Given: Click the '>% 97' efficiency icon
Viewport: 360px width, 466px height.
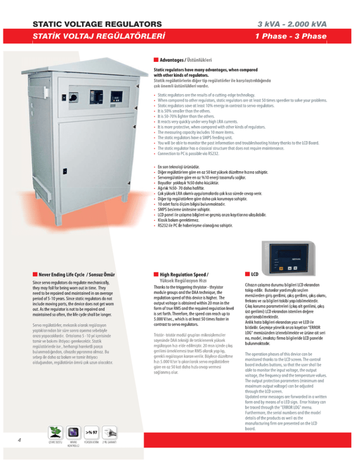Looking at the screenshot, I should click(x=90, y=432).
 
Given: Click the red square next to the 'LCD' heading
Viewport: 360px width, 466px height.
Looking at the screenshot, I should click(x=247, y=274).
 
